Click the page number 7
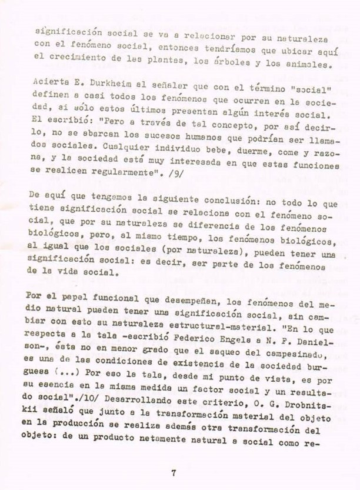174,472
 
